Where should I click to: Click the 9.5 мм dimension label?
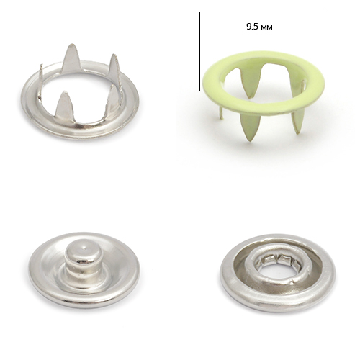[x=259, y=27]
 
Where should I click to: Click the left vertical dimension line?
[x=199, y=51]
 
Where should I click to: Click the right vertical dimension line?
[x=328, y=51]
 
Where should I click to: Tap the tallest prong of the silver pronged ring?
[x=71, y=58]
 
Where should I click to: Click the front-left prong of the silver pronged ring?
[x=63, y=104]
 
